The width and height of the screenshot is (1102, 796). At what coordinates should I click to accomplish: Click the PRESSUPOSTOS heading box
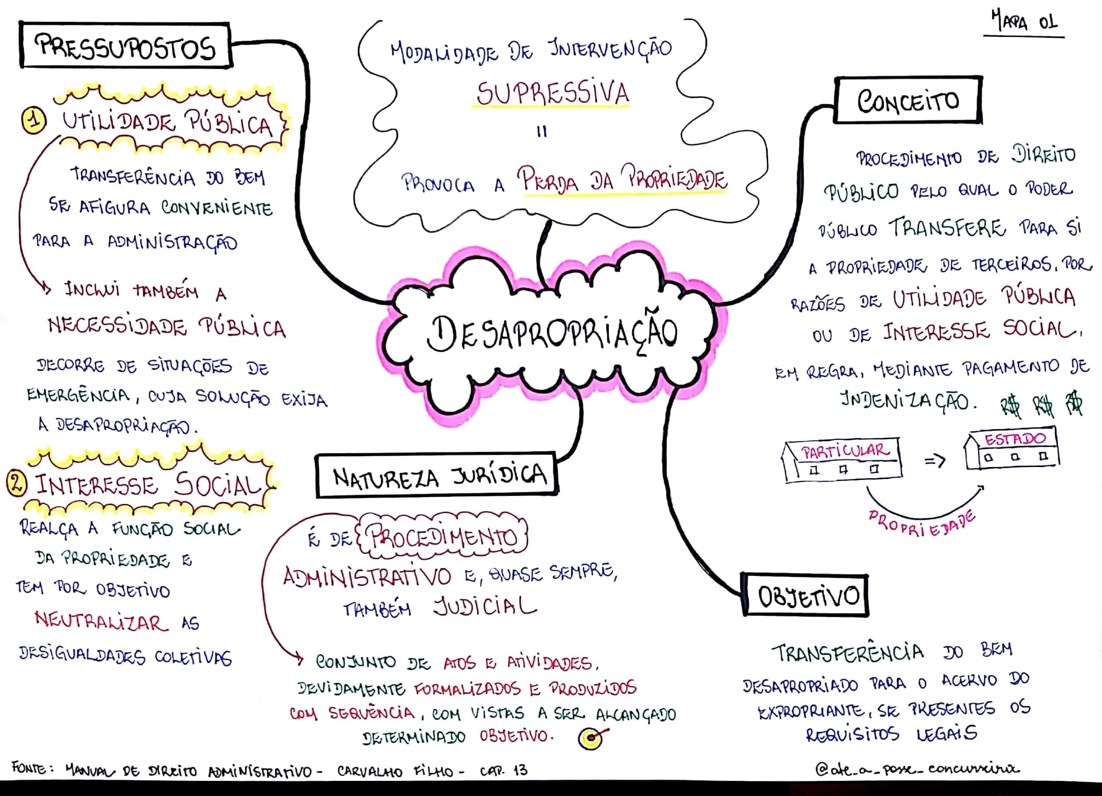point(126,46)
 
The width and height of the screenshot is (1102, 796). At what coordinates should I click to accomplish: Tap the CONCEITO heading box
point(908,101)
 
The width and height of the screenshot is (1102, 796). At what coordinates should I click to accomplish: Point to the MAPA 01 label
point(1023,22)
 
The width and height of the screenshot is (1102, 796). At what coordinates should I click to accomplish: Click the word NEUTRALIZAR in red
point(101,621)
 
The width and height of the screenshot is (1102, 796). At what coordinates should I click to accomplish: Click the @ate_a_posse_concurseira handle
point(916,769)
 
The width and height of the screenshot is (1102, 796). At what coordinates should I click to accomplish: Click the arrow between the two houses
point(934,460)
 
